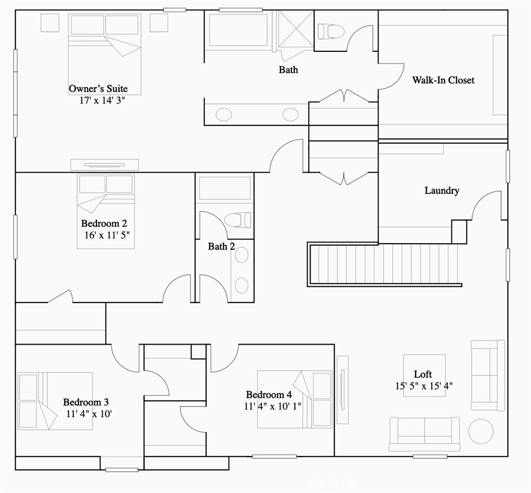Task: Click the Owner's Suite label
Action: point(98,89)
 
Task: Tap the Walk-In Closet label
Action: point(443,80)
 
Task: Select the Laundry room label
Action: point(442,191)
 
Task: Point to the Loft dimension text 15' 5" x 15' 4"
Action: point(424,386)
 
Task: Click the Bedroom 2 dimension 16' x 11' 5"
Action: point(107,235)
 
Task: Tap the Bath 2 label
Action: point(221,246)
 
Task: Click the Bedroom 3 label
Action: point(85,402)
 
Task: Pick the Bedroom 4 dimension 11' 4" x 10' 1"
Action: point(272,406)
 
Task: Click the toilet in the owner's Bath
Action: point(331,32)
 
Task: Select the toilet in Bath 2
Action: point(238,220)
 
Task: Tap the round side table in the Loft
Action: point(481,431)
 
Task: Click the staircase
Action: point(384,264)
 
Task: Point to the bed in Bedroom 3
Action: point(55,401)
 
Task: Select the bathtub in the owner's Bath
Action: point(238,30)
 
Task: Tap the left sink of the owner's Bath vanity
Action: point(224,114)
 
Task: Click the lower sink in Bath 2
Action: point(241,285)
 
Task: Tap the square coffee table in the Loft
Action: point(424,375)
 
